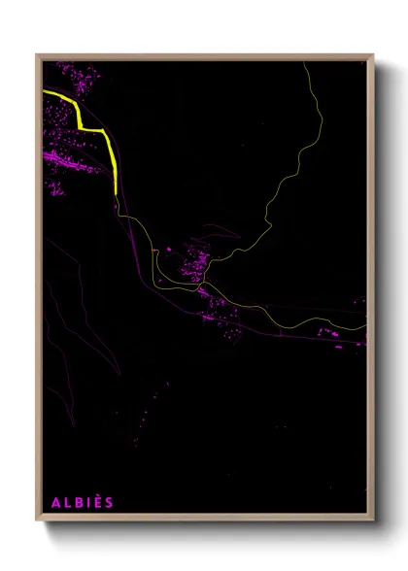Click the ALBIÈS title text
pos(82,502)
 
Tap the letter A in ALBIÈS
pos(54,502)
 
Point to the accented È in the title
pos(97,501)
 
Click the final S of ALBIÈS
pos(109,502)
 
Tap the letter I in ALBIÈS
pos(87,502)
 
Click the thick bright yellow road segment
pos(109,151)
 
